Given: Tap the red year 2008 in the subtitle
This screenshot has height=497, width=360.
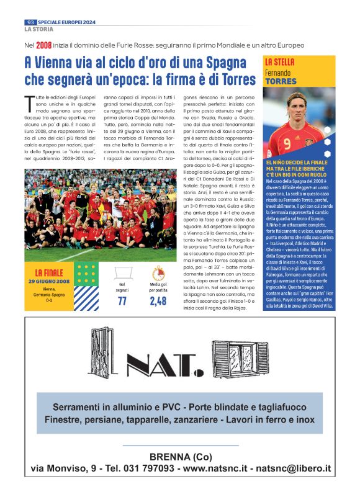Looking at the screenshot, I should [43, 45].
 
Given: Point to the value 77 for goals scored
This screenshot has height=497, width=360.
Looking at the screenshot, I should [122, 301].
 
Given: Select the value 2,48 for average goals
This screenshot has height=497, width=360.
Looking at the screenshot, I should [158, 301].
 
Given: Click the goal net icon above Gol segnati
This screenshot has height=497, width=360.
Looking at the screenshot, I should [122, 272].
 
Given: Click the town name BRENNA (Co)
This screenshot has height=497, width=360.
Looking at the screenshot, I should [180, 457].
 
